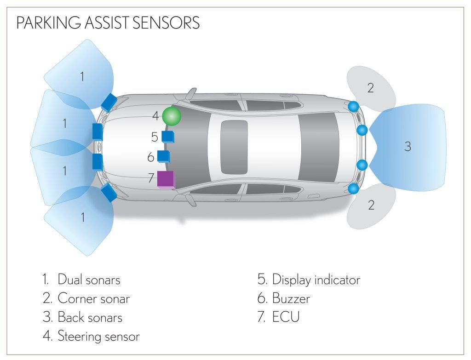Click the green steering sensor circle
[172, 116]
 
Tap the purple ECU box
[166, 179]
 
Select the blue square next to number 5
[167, 137]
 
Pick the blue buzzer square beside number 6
[163, 156]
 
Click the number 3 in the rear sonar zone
[408, 147]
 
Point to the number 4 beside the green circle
[155, 116]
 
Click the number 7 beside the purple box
[151, 178]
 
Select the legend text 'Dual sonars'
[89, 279]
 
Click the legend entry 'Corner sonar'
[93, 298]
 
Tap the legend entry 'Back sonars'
[90, 317]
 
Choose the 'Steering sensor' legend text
[98, 336]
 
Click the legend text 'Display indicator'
[316, 279]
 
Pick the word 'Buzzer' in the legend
[291, 298]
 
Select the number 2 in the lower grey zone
[371, 205]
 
